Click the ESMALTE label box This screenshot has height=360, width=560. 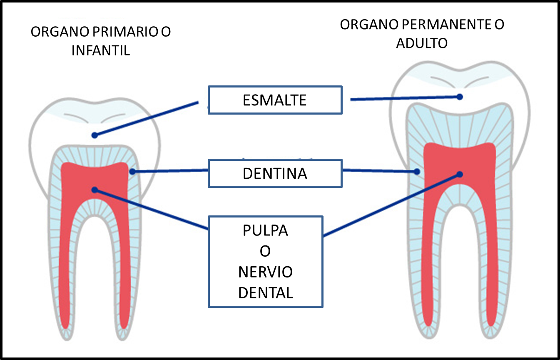[x=275, y=100]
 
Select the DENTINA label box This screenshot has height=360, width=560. [x=275, y=173]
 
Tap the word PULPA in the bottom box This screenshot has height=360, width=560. [x=265, y=231]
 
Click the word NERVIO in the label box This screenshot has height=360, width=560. [x=265, y=272]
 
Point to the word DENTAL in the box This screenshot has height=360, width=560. [x=265, y=292]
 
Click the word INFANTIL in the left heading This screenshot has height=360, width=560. [x=101, y=50]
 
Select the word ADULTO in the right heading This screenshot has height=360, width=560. [x=422, y=43]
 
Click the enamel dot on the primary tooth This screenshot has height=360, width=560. [x=95, y=135]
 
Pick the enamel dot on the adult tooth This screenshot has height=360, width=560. [x=460, y=96]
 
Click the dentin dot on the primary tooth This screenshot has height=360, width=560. [x=132, y=171]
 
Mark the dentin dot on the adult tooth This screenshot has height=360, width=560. [x=417, y=172]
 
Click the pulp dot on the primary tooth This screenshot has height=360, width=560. [x=95, y=190]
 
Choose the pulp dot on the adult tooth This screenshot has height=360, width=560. [x=460, y=174]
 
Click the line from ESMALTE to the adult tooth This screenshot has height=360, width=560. [x=404, y=98]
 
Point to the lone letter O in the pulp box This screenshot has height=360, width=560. [x=265, y=252]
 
